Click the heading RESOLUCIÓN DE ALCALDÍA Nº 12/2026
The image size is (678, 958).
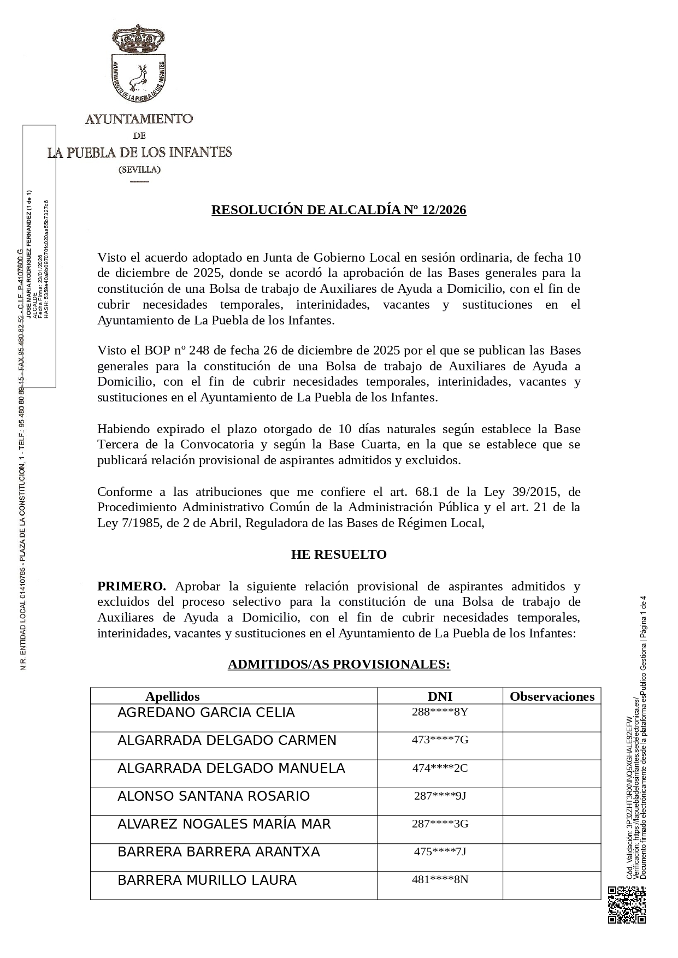[x=339, y=210]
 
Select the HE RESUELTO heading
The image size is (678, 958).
[x=339, y=555]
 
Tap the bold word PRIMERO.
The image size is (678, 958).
[x=131, y=587]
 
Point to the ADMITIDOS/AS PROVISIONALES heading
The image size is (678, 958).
[x=339, y=665]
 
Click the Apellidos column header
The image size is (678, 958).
[x=173, y=696]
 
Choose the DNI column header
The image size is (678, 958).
[x=440, y=696]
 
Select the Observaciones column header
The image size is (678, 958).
[x=552, y=696]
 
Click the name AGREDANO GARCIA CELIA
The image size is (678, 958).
[x=206, y=713]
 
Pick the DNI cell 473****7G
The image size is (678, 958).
[x=440, y=740]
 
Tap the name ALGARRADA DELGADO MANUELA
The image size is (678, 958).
[x=231, y=768]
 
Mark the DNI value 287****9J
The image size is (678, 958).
[x=440, y=796]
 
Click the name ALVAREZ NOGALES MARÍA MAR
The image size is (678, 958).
[x=224, y=824]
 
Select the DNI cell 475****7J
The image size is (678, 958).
[x=440, y=851]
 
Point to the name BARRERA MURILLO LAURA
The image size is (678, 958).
[x=207, y=880]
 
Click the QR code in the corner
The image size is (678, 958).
[x=627, y=905]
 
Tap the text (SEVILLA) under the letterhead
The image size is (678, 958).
[x=140, y=170]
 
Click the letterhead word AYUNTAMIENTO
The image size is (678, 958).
[x=139, y=119]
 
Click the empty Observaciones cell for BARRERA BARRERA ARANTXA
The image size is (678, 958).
[x=552, y=858]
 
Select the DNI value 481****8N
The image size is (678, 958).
[x=440, y=879]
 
